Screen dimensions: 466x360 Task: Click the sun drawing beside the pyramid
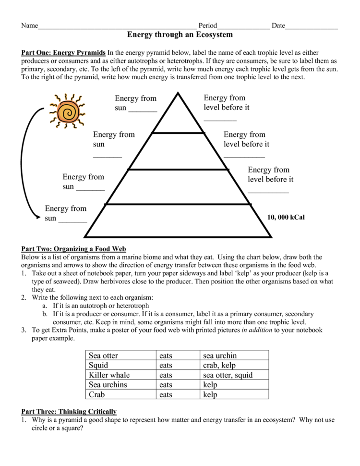tap(67, 111)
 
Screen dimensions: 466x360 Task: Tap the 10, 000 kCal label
tap(286, 217)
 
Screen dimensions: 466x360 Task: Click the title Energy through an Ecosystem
tap(180, 35)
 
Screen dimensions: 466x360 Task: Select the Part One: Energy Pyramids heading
tap(63, 52)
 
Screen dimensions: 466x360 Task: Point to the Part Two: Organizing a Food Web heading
tap(73, 249)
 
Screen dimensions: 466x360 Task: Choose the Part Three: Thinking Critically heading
tap(69, 412)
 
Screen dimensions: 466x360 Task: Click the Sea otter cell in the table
tap(103, 356)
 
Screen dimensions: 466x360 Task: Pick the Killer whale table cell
tap(109, 375)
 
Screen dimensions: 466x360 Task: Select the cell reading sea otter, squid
tap(228, 375)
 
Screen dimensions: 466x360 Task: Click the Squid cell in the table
tap(99, 365)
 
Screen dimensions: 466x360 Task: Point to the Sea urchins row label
tap(108, 384)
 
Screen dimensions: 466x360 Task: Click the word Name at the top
tap(29, 25)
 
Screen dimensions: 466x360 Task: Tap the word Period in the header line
tap(207, 25)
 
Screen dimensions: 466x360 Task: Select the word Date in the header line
tap(278, 25)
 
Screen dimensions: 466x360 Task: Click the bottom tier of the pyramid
tap(178, 221)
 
